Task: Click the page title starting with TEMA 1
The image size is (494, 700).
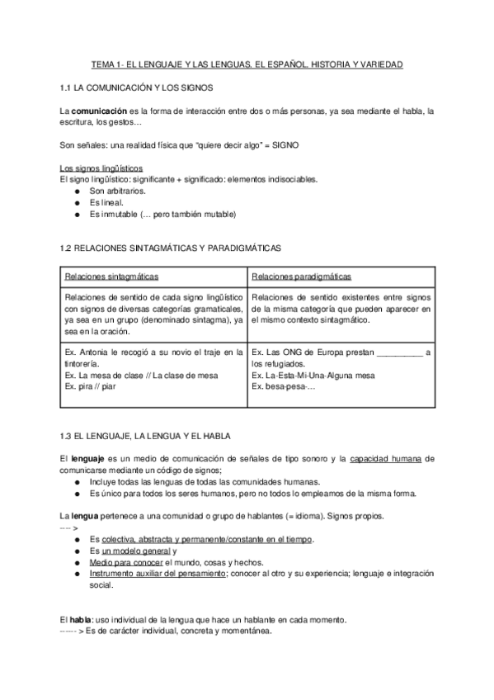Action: (x=247, y=64)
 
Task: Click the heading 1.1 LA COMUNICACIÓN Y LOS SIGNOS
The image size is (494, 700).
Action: (x=138, y=86)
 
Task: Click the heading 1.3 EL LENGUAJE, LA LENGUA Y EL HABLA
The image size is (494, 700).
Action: (x=146, y=435)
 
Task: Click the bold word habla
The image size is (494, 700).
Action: (x=81, y=620)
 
